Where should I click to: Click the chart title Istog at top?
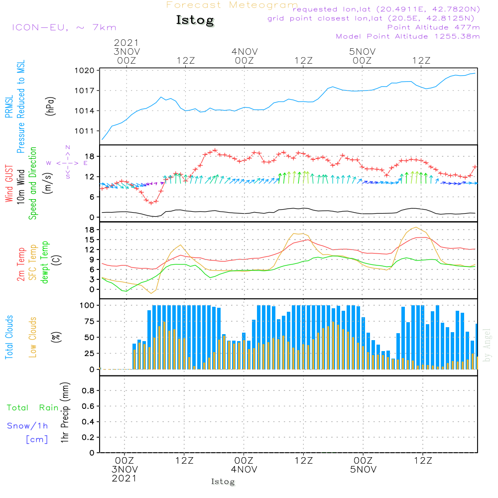pyautogui.click(x=195, y=20)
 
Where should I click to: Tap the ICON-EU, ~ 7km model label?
pyautogui.click(x=64, y=27)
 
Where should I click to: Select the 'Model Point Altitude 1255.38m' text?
pyautogui.click(x=408, y=36)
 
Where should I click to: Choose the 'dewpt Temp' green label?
pyautogui.click(x=45, y=262)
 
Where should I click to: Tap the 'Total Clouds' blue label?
pyautogui.click(x=9, y=337)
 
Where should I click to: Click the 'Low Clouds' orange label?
pyautogui.click(x=33, y=337)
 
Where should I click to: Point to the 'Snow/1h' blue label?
pyautogui.click(x=28, y=426)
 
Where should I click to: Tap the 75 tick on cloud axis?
pyautogui.click(x=88, y=321)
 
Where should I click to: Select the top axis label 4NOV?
pyautogui.click(x=245, y=51)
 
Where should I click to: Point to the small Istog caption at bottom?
pyautogui.click(x=223, y=482)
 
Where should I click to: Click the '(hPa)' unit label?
pyautogui.click(x=49, y=106)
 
